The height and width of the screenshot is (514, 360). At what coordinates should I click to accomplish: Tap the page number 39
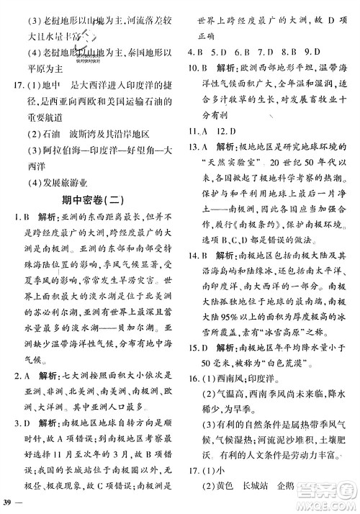(x=9, y=499)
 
